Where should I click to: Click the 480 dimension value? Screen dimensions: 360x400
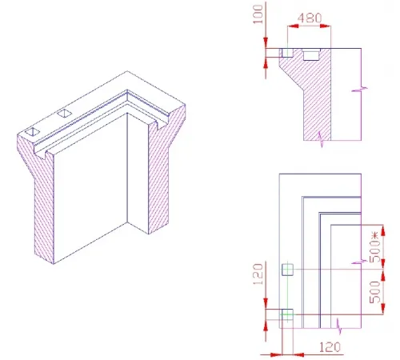click(310, 18)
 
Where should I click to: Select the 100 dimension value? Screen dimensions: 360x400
click(258, 16)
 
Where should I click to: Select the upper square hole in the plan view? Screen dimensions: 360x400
click(288, 270)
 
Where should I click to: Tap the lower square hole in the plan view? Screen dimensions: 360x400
click(288, 314)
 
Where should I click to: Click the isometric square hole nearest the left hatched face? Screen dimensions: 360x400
click(33, 130)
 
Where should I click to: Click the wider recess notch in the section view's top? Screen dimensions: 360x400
click(310, 54)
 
